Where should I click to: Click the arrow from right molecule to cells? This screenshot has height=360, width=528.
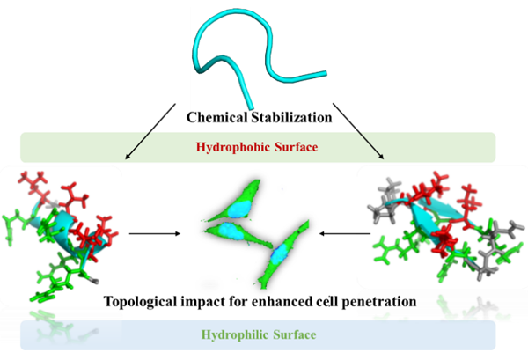[x=343, y=234]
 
